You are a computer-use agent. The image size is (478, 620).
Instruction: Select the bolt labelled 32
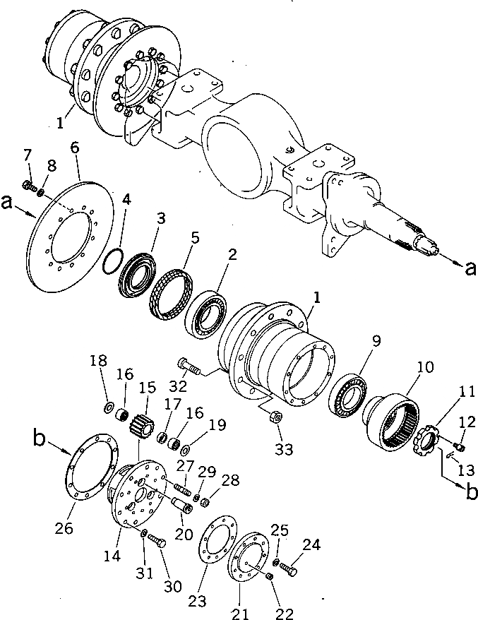tap(189, 366)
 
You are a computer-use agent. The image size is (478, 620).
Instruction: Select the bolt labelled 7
tap(29, 186)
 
